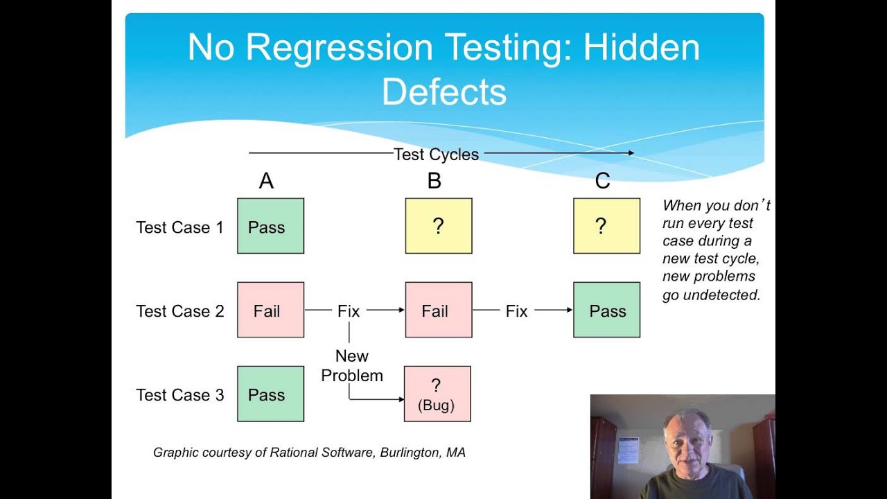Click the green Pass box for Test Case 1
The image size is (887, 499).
(x=270, y=226)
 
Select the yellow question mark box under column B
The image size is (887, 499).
(x=438, y=226)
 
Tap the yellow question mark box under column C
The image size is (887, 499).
(x=606, y=226)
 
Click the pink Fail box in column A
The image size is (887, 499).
(x=270, y=310)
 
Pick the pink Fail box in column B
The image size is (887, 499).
(x=438, y=310)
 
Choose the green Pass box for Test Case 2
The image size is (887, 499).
(x=606, y=310)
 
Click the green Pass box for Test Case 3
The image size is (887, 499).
(x=270, y=394)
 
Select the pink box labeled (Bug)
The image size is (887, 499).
(x=437, y=394)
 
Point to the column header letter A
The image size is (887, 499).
(x=266, y=182)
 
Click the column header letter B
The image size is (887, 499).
(x=434, y=182)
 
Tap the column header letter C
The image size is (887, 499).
(x=602, y=182)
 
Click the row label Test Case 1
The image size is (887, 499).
(x=180, y=227)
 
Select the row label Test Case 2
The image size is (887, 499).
(x=180, y=311)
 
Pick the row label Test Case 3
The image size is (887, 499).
(x=180, y=395)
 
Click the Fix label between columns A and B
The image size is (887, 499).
(x=349, y=311)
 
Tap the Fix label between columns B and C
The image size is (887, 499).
(x=516, y=311)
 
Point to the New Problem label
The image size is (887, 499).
(x=352, y=365)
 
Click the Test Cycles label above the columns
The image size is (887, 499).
(x=436, y=155)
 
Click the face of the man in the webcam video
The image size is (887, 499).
(x=687, y=444)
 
